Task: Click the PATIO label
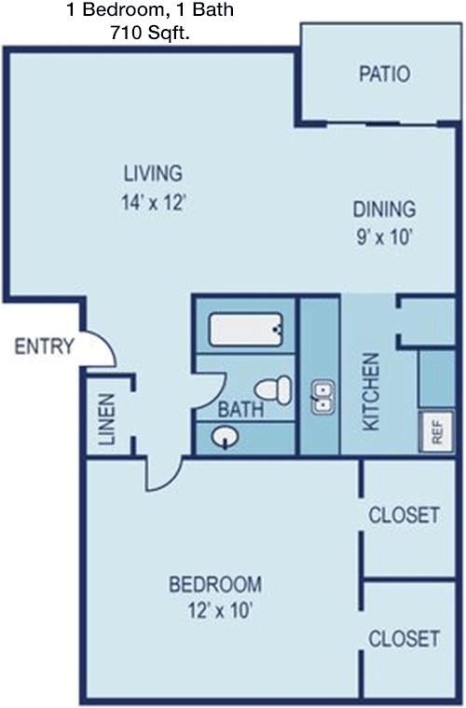coord(384,75)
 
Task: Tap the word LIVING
coord(153,173)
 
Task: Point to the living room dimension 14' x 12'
coord(153,201)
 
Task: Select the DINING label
coord(384,209)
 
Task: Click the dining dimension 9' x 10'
coord(384,236)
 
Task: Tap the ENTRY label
coord(44,347)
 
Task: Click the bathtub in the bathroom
coord(244,329)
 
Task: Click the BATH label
coord(240,408)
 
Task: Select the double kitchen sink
coord(322,398)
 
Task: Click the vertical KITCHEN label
coord(371,391)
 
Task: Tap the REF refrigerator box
coord(436,431)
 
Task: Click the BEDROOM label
coord(215,585)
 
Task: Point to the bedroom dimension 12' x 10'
coord(215,611)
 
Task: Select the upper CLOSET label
coord(404,514)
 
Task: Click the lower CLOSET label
coord(404,639)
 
